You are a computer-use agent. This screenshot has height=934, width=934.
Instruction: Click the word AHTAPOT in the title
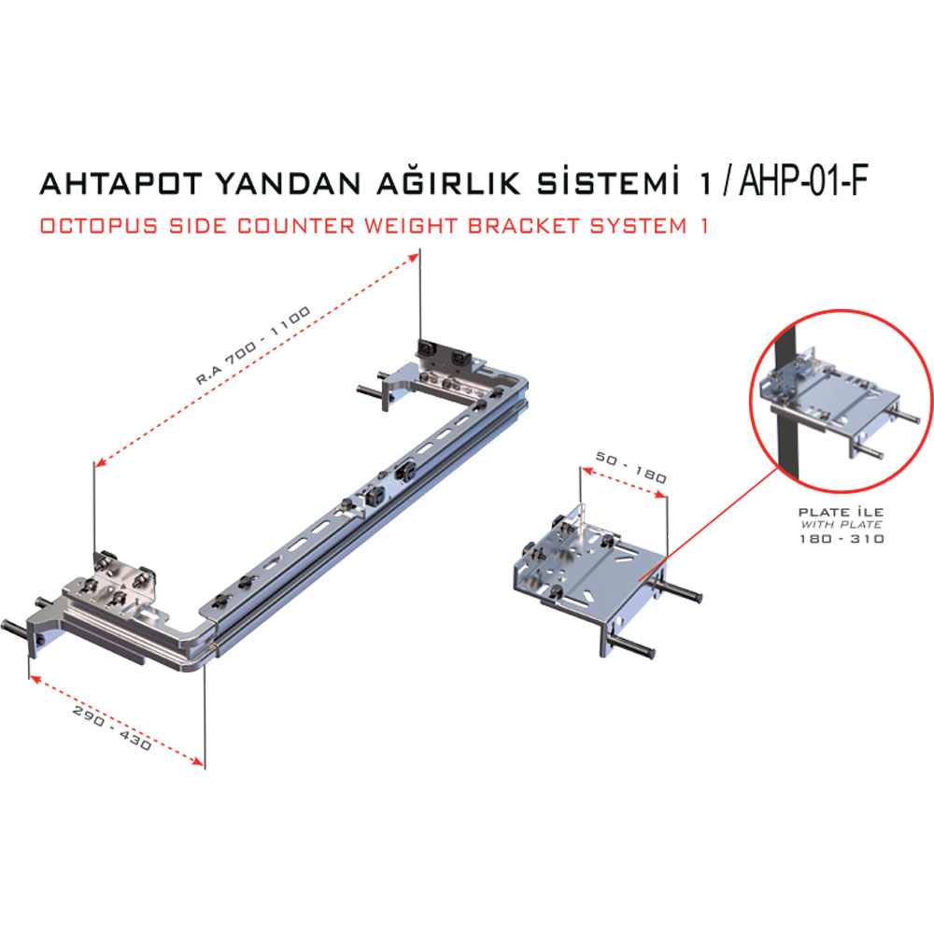click(x=121, y=183)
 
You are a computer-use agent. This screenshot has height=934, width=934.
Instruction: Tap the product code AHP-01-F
click(x=803, y=179)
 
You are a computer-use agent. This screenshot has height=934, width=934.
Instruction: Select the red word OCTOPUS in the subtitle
click(x=100, y=226)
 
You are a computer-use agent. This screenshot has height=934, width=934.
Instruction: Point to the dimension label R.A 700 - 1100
click(x=253, y=346)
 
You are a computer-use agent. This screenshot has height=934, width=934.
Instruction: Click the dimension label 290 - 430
click(x=112, y=728)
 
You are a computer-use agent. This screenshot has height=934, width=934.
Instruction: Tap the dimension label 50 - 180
click(x=630, y=467)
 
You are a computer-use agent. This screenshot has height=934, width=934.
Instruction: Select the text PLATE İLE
click(x=842, y=512)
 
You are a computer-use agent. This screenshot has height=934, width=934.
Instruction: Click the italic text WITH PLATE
click(x=842, y=525)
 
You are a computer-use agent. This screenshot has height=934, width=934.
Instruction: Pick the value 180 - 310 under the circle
click(x=842, y=539)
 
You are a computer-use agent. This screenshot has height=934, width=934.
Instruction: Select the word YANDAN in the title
click(x=289, y=183)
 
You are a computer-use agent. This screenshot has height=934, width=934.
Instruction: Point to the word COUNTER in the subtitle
click(x=296, y=226)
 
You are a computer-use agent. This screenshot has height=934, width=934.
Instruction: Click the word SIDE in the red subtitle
click(x=198, y=226)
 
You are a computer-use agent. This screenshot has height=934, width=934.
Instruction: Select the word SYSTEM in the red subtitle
click(x=639, y=226)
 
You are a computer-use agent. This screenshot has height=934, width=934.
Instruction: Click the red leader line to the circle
click(x=709, y=524)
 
